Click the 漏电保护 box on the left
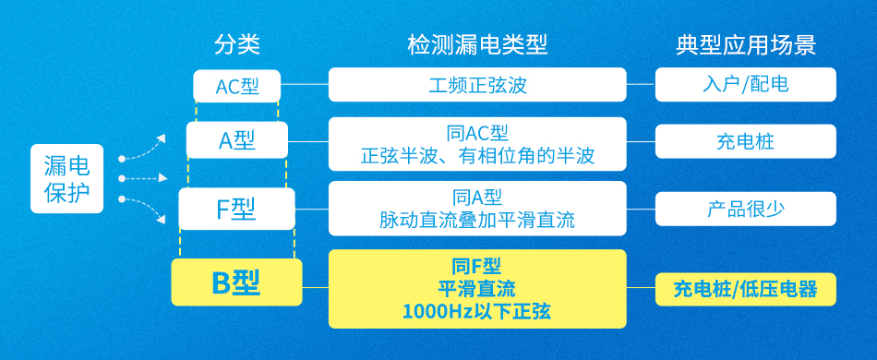(x=66, y=178)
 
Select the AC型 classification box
(x=237, y=86)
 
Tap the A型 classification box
(x=237, y=140)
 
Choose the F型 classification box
(x=236, y=209)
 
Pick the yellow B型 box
(x=236, y=283)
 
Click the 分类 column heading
(x=237, y=44)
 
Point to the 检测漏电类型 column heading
(x=477, y=44)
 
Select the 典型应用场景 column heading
(x=746, y=44)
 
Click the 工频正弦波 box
(x=477, y=84)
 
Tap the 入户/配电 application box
(x=746, y=84)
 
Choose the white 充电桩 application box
(x=746, y=141)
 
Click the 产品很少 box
(x=746, y=209)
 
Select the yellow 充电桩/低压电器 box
(x=746, y=289)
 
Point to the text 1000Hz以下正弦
(x=477, y=311)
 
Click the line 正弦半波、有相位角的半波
(x=477, y=156)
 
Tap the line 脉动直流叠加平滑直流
(x=477, y=221)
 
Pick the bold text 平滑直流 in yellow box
(x=477, y=289)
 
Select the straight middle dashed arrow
(x=143, y=178)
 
